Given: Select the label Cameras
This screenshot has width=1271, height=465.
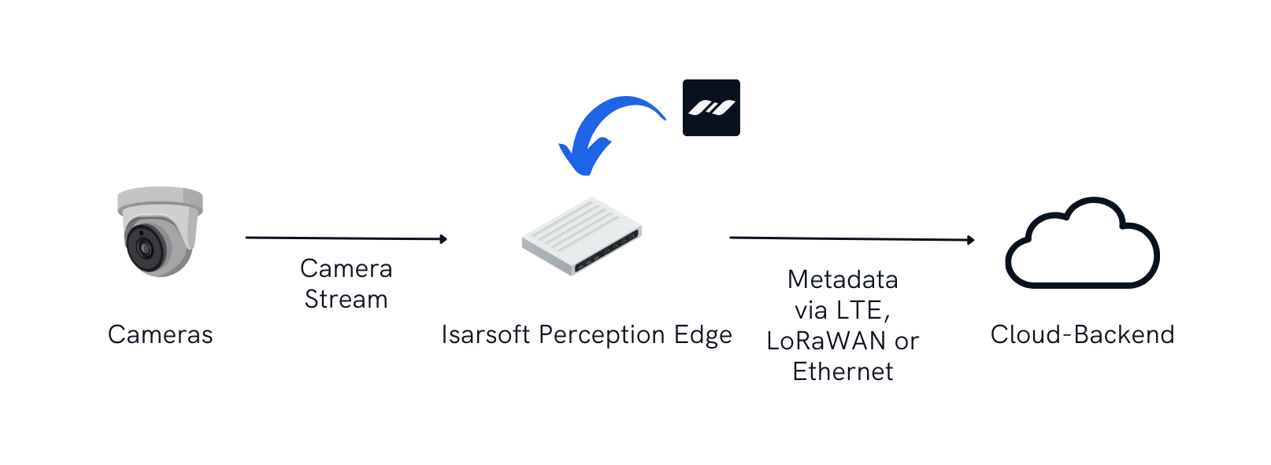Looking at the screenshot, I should pyautogui.click(x=161, y=334).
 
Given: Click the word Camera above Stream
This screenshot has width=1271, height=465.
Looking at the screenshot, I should pyautogui.click(x=346, y=269).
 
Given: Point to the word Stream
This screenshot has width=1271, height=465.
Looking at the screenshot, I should pyautogui.click(x=346, y=300).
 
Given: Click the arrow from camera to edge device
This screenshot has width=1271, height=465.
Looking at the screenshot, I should pyautogui.click(x=346, y=238).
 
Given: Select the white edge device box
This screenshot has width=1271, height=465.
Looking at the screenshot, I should pyautogui.click(x=581, y=234).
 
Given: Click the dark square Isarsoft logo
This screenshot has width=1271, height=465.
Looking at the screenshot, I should pyautogui.click(x=711, y=108).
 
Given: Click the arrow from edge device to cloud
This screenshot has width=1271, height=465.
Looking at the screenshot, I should pyautogui.click(x=850, y=238).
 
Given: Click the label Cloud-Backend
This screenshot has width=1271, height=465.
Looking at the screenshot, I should pyautogui.click(x=1082, y=334).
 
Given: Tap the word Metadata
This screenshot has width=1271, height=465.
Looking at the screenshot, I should pyautogui.click(x=843, y=279).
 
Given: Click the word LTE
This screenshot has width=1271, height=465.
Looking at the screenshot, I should pyautogui.click(x=861, y=310).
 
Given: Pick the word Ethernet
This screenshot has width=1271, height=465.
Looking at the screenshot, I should pyautogui.click(x=843, y=371).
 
